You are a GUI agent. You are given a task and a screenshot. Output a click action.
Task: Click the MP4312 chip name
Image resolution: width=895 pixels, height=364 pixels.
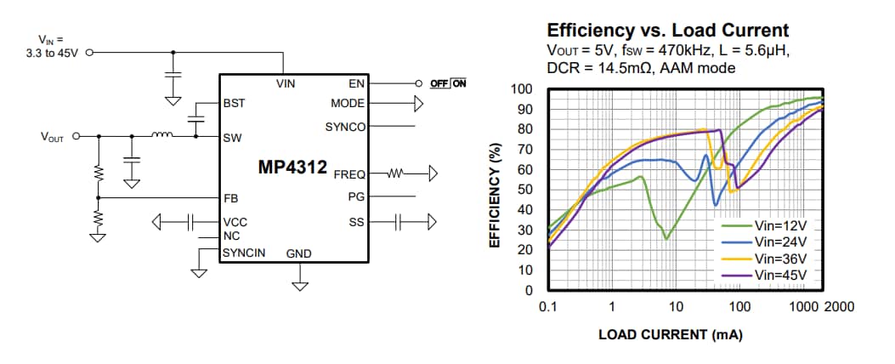click(x=292, y=168)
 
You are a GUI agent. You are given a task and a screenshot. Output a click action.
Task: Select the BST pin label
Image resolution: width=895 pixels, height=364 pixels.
click(x=234, y=104)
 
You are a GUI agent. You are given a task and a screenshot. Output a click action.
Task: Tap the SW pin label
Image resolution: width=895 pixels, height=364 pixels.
click(x=231, y=136)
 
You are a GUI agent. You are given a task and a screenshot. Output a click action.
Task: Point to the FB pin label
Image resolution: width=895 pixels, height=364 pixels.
click(x=230, y=197)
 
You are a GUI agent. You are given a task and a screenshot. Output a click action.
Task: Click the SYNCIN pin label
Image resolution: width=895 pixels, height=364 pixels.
click(x=244, y=253)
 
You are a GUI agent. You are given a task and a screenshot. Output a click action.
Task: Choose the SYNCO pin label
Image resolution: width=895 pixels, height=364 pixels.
click(x=345, y=127)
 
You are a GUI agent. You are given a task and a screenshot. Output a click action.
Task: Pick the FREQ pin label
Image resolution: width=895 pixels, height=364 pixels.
click(x=349, y=174)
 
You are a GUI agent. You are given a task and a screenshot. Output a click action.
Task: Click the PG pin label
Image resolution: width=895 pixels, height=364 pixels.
click(x=356, y=197)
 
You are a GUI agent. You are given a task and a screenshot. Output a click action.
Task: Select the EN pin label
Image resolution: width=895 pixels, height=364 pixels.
click(x=357, y=84)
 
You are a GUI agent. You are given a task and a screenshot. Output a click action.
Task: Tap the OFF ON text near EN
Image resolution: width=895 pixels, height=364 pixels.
click(x=448, y=84)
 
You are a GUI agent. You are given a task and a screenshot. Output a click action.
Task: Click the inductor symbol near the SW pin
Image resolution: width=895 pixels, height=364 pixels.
click(x=161, y=134)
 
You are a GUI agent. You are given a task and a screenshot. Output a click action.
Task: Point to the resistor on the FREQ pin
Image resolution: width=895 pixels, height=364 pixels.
click(x=398, y=174)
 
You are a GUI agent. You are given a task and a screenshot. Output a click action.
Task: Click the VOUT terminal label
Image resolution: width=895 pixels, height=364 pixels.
click(x=51, y=136)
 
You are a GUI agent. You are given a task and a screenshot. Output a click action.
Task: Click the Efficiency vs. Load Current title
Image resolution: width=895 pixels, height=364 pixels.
click(x=668, y=30)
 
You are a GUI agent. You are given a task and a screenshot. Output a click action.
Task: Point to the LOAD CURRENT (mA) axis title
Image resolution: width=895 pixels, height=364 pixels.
click(x=670, y=334)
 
